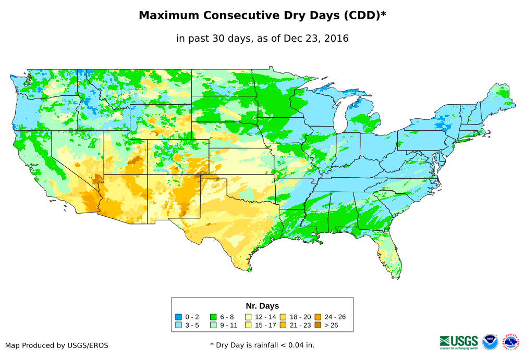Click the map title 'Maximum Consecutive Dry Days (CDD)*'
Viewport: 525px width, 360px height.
tap(262, 16)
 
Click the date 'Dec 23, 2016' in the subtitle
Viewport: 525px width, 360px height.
tap(318, 39)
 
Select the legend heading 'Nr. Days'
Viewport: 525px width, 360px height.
tap(262, 306)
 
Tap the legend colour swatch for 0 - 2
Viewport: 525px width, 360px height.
tap(178, 317)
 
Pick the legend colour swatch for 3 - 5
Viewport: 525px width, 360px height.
tap(178, 325)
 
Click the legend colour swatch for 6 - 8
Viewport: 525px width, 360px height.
tap(213, 317)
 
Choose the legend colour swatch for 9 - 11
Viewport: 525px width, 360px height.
tap(213, 325)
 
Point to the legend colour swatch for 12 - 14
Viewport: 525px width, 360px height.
tap(248, 317)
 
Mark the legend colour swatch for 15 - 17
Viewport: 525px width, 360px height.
tap(248, 325)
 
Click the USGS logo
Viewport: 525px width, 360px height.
tap(459, 342)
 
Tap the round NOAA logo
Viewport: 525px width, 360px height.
tap(490, 342)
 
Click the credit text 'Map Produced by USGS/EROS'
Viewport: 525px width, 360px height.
tap(57, 345)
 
